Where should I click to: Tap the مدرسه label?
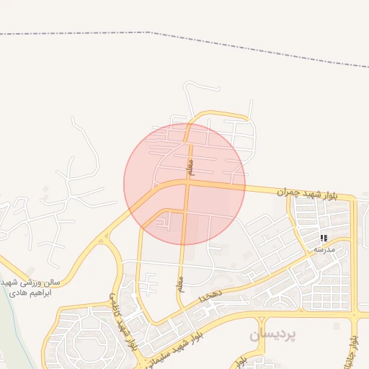click(x=324, y=249)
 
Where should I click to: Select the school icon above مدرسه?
click(x=324, y=237)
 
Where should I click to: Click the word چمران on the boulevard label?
click(x=287, y=192)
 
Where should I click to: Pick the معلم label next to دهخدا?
click(x=181, y=281)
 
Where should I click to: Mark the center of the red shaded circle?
click(x=184, y=184)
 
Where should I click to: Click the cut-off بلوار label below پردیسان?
click(x=244, y=360)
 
